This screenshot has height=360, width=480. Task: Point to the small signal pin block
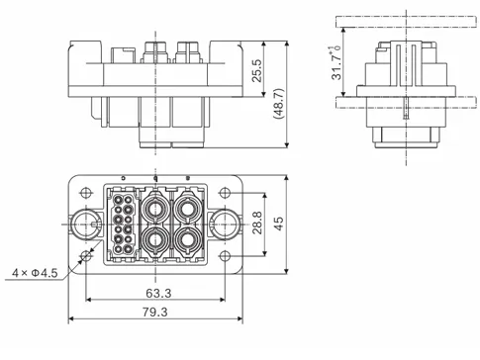tap(123, 225)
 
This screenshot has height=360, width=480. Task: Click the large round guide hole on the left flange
tap(84, 225)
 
